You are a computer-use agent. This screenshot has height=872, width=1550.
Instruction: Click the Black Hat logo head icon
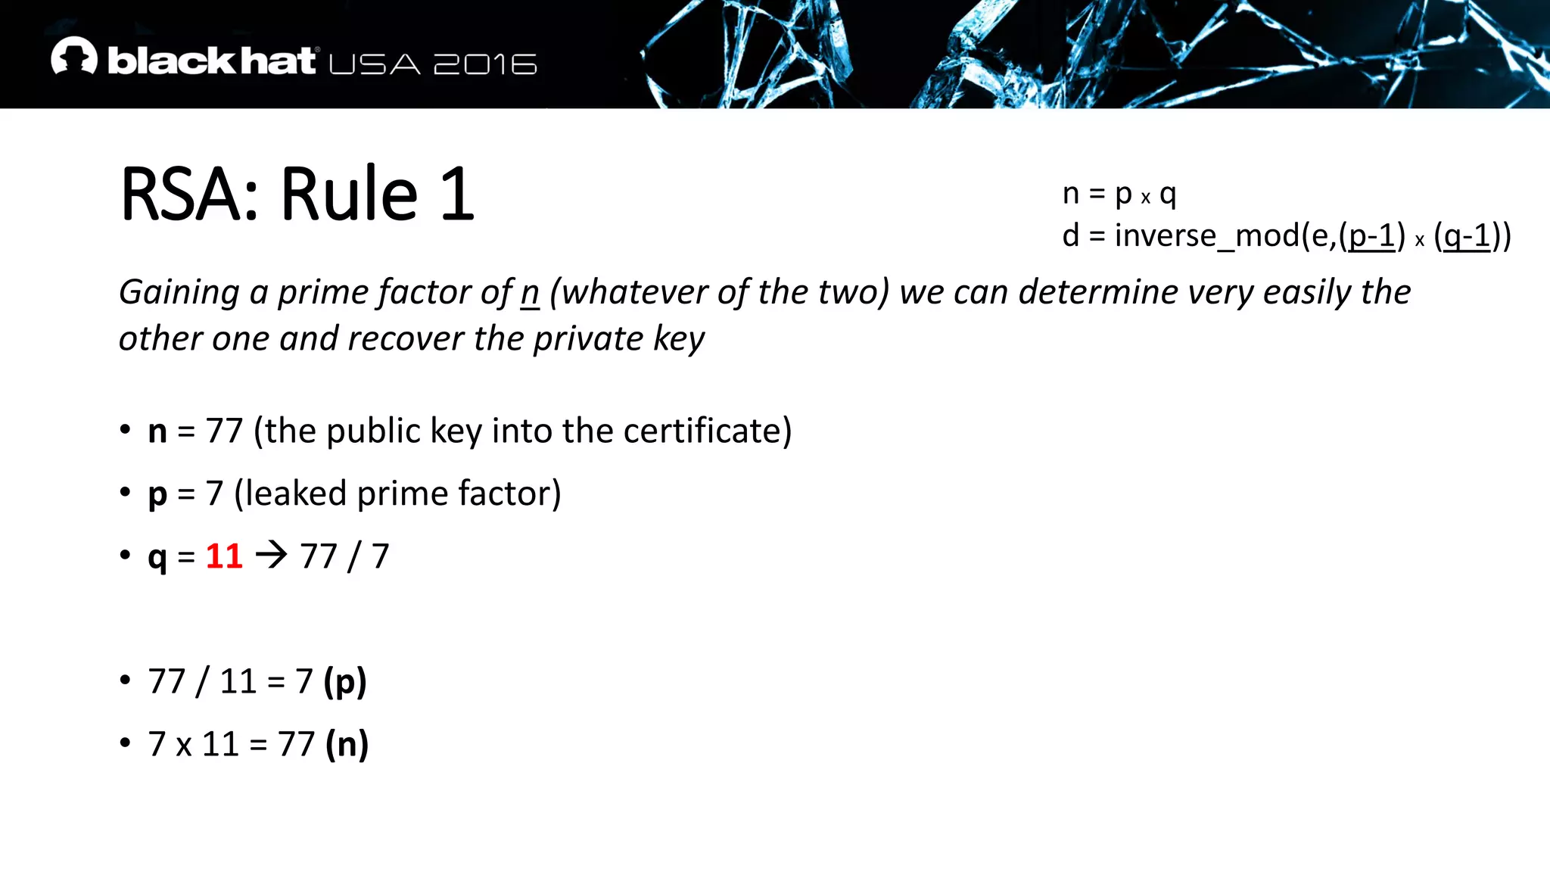(x=74, y=56)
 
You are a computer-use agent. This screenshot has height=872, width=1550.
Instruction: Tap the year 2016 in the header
(x=485, y=64)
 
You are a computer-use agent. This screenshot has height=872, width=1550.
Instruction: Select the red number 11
(x=224, y=556)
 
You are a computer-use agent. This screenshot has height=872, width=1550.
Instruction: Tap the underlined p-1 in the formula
(x=1372, y=236)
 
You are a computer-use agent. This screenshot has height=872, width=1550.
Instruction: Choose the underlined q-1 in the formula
(x=1467, y=236)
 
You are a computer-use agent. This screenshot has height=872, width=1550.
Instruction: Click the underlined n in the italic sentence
(x=530, y=293)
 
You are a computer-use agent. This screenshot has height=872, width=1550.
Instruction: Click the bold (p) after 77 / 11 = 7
(x=345, y=681)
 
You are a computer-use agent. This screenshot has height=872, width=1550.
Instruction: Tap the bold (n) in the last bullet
(x=347, y=744)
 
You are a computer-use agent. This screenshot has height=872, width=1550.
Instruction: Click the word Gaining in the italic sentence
(x=179, y=293)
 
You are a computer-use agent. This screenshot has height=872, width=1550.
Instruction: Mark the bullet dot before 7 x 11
(x=125, y=743)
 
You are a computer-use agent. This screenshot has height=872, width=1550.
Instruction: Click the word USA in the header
(x=375, y=64)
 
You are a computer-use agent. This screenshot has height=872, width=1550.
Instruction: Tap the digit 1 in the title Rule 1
(x=457, y=195)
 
